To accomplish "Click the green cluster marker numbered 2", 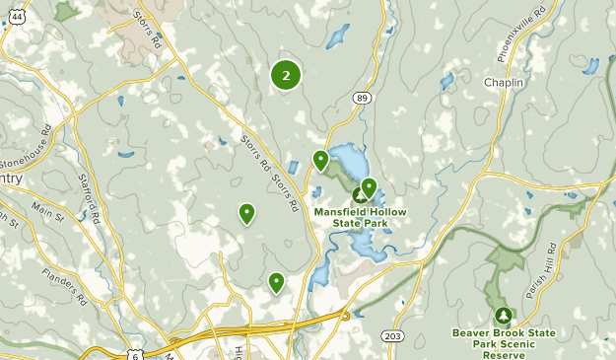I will coord(286,74).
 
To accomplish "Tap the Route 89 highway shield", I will coord(363,97).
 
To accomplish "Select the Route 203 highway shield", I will coord(392,336).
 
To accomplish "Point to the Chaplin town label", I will coord(503,82).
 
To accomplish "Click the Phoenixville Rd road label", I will coord(513,39).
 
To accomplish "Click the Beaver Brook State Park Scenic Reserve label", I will coord(504,338).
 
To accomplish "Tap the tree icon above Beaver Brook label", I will coord(504,316).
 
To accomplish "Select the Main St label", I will coord(46,211).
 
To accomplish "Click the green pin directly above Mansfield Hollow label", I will coord(369,187).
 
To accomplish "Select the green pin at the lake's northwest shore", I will coord(320,160).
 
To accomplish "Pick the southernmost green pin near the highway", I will coord(277,283).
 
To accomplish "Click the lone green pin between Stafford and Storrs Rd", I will coord(246,212).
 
